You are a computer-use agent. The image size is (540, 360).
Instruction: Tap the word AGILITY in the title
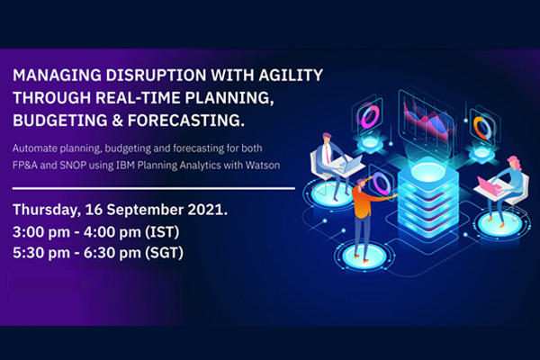click(291, 75)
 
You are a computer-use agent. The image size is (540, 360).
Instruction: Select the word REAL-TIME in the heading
click(138, 98)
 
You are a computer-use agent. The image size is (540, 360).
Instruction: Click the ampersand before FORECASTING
click(117, 121)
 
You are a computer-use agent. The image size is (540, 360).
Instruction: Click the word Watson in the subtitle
click(263, 166)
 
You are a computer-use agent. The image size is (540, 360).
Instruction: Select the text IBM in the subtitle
click(125, 166)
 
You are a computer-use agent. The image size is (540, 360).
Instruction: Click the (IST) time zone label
click(162, 232)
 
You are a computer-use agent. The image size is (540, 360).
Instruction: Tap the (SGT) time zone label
click(164, 253)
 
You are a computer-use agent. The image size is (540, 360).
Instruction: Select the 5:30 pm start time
click(41, 253)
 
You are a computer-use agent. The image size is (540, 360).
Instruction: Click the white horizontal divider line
click(154, 188)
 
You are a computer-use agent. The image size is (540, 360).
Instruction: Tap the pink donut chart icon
click(370, 116)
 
